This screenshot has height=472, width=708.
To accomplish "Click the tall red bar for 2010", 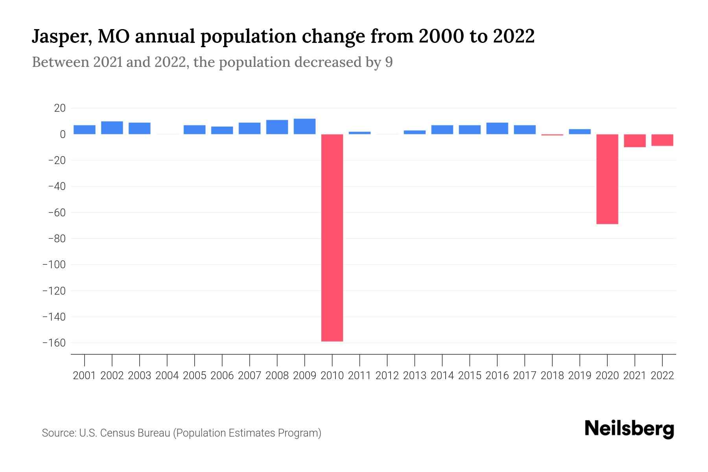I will pyautogui.click(x=332, y=238).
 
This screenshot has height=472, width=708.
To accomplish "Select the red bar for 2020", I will pyautogui.click(x=607, y=179).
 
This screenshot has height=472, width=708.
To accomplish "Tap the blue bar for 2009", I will pyautogui.click(x=304, y=126).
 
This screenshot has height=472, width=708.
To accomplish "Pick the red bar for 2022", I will pyautogui.click(x=662, y=140).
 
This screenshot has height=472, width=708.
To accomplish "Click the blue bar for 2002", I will pyautogui.click(x=112, y=128).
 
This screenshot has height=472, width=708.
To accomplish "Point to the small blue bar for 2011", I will pyautogui.click(x=360, y=133).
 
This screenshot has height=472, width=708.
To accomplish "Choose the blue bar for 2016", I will pyautogui.click(x=497, y=128).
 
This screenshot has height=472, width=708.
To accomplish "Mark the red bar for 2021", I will pyautogui.click(x=634, y=141).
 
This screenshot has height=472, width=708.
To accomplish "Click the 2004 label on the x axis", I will pyautogui.click(x=167, y=376).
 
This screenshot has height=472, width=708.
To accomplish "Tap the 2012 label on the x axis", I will pyautogui.click(x=387, y=376).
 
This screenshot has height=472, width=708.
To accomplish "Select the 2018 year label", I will pyautogui.click(x=552, y=376).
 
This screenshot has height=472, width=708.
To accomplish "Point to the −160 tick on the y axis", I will pyautogui.click(x=54, y=343).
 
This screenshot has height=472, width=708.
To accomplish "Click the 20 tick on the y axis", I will pyautogui.click(x=60, y=108).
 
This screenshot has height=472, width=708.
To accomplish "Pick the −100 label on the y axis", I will pyautogui.click(x=54, y=265).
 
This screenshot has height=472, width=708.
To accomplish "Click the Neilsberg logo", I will pyautogui.click(x=629, y=429).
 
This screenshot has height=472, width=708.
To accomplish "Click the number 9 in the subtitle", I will pyautogui.click(x=389, y=63).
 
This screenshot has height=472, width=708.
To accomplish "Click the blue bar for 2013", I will pyautogui.click(x=415, y=132).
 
